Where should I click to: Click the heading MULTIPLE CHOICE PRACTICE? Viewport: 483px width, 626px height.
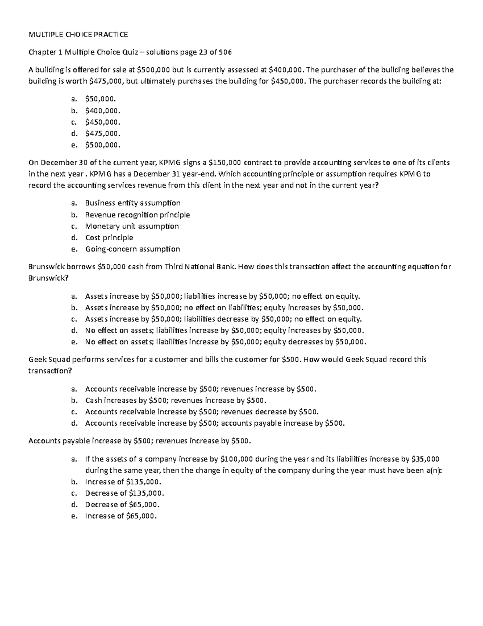pyautogui.click(x=78, y=35)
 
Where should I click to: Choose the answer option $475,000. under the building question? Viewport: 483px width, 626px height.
pyautogui.click(x=103, y=133)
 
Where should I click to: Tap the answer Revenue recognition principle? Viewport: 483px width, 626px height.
pyautogui.click(x=137, y=215)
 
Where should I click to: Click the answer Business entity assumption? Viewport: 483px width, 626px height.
pyautogui.click(x=133, y=203)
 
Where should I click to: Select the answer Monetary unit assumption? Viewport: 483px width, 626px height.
pyautogui.click(x=132, y=226)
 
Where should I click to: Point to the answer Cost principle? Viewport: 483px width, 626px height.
pyautogui.click(x=109, y=238)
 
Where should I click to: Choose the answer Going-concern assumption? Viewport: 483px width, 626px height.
pyautogui.click(x=132, y=249)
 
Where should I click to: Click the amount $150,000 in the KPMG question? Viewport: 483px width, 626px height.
pyautogui.click(x=225, y=163)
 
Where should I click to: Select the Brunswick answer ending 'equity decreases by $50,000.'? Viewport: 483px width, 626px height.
pyautogui.click(x=226, y=342)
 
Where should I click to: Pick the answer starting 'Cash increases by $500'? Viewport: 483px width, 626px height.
pyautogui.click(x=176, y=401)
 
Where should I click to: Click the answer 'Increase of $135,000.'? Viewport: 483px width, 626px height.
pyautogui.click(x=123, y=482)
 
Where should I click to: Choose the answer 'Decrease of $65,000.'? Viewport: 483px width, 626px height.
pyautogui.click(x=122, y=505)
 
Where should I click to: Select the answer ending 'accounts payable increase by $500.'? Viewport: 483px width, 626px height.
pyautogui.click(x=215, y=423)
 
